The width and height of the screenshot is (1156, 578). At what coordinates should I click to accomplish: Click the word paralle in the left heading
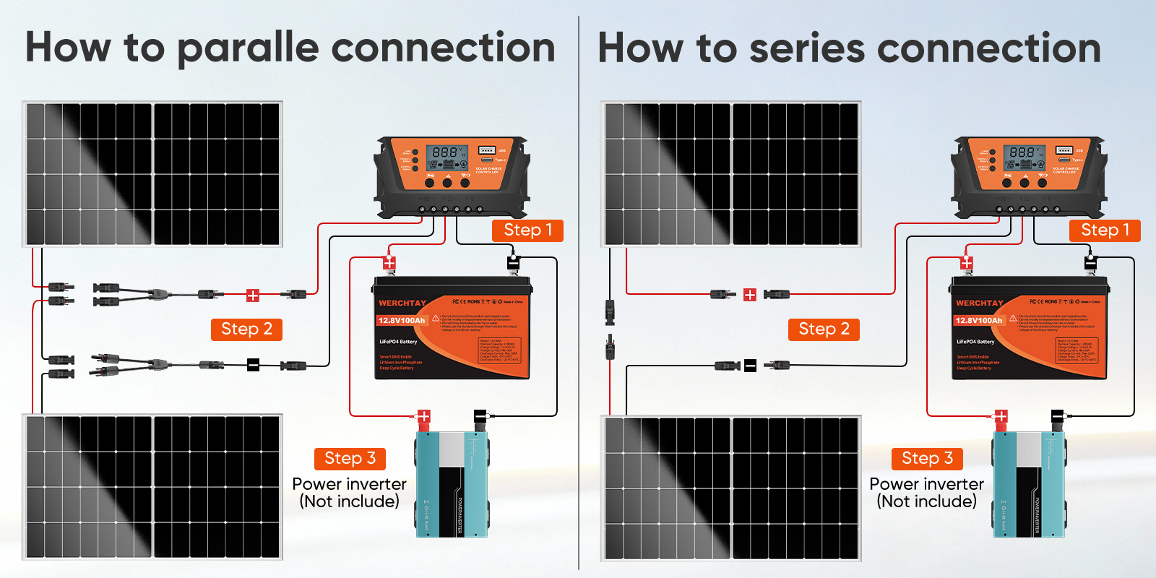(248, 49)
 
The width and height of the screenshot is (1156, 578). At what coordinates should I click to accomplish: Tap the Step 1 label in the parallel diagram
(527, 230)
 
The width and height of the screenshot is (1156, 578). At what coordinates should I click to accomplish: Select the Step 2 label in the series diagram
(824, 329)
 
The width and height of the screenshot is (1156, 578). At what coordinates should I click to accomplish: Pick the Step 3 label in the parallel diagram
(350, 459)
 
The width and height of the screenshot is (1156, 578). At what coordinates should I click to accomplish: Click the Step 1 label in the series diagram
(1105, 230)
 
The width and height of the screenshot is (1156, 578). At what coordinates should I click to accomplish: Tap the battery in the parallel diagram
(452, 329)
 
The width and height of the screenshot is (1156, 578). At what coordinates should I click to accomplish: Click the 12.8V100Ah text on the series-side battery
(979, 320)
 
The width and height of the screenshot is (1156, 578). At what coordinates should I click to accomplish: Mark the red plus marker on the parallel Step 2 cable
(253, 295)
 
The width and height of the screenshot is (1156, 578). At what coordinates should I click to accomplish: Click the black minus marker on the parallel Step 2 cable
(253, 365)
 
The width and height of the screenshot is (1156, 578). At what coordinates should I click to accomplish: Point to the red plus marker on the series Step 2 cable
(750, 295)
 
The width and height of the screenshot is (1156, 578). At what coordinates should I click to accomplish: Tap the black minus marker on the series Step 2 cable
(750, 366)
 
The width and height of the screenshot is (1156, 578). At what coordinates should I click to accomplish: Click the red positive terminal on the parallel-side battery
(389, 262)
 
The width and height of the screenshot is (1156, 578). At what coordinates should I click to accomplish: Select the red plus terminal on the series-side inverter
(1001, 416)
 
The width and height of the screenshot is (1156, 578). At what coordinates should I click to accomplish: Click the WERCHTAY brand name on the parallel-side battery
(402, 303)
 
